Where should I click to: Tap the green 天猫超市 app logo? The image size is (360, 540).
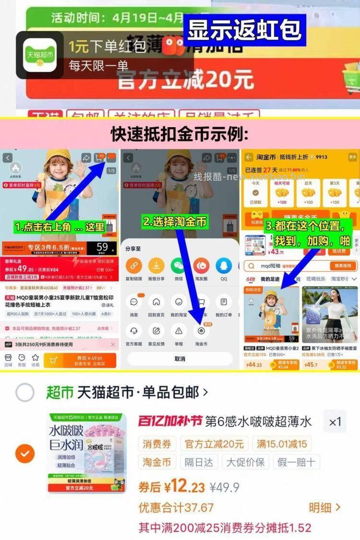tap(40, 54)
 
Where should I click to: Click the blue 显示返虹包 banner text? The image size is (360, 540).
tap(245, 30)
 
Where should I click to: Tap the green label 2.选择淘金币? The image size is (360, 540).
tap(175, 221)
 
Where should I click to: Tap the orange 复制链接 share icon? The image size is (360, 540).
tap(133, 265)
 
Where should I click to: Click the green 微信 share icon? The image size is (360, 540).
tap(179, 265)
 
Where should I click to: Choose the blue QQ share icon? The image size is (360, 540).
tap(224, 265)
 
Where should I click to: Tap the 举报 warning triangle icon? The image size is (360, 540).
tap(179, 331)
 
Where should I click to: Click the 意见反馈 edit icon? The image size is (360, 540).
tap(156, 331)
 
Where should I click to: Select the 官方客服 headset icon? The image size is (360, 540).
tap(133, 331)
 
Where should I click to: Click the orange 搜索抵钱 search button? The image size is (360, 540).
tap(343, 266)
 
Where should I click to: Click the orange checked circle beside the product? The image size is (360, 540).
tap(25, 453)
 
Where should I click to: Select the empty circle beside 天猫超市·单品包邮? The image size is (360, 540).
tap(25, 393)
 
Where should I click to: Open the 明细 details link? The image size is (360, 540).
tap(324, 507)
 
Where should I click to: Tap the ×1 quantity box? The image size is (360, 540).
tap(335, 421)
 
